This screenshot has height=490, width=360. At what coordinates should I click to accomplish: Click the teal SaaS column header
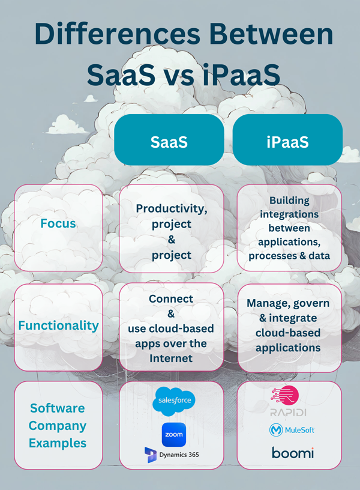(169, 142)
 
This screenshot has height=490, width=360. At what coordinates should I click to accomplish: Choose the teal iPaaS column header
(287, 142)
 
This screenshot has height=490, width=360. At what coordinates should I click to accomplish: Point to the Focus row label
(58, 223)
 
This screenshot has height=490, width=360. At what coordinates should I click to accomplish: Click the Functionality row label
(58, 325)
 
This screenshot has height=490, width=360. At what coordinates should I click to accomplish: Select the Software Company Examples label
(58, 426)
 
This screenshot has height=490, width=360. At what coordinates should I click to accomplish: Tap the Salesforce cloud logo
(174, 401)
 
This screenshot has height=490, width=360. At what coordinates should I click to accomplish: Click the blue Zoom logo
(174, 434)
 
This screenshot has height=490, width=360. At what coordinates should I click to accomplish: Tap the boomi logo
(292, 453)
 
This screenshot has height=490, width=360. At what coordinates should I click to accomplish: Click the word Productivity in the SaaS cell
(171, 208)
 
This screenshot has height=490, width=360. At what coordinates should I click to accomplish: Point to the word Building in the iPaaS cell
(290, 200)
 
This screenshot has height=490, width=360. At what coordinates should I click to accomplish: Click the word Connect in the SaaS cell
(171, 298)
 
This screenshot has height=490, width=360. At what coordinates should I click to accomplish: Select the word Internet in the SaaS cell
(171, 358)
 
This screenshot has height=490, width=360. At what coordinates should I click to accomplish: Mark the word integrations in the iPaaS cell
(290, 214)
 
